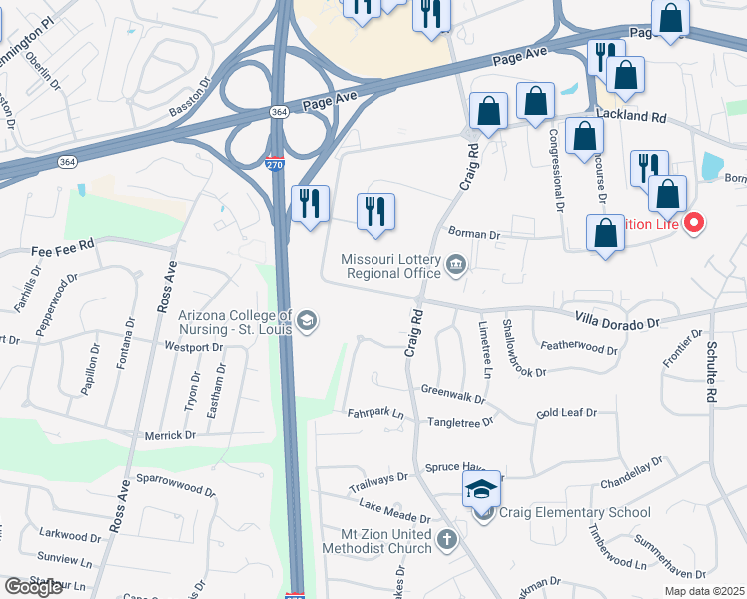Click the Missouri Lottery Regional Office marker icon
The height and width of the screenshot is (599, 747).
456,264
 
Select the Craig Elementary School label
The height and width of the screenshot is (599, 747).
574,513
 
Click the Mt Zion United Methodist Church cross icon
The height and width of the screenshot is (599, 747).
446,540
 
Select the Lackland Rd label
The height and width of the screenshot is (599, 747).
632,116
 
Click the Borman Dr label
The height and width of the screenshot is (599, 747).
473,234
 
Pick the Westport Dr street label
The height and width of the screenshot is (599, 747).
193,348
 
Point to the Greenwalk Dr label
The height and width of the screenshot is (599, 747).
452,394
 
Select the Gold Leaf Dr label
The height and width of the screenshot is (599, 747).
566,412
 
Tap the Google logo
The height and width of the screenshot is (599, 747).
34,587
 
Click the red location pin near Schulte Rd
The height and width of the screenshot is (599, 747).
694,222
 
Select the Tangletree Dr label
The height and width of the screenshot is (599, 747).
460,422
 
